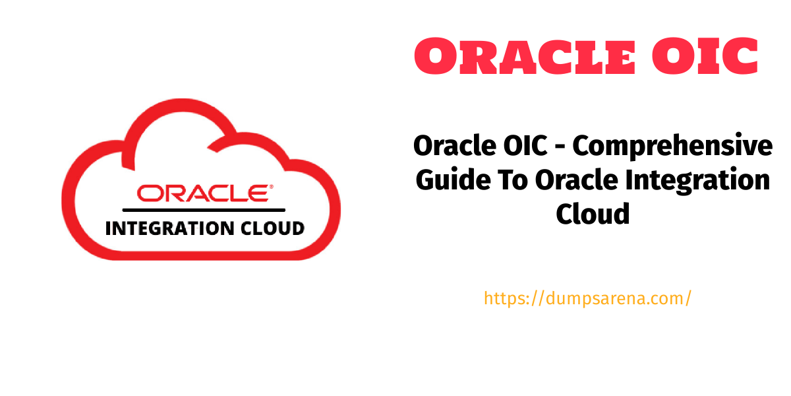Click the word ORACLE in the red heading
(x=525, y=56)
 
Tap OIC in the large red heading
(x=705, y=56)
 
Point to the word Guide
(x=453, y=180)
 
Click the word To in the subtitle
(x=513, y=180)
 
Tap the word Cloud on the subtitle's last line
(x=593, y=214)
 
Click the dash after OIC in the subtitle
(x=560, y=147)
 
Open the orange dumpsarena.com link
(x=587, y=298)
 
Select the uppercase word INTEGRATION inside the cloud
(x=170, y=228)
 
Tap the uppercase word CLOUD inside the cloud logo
(x=273, y=228)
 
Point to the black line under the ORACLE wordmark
(x=204, y=210)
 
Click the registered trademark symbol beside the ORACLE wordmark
(x=271, y=186)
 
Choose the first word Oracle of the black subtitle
(x=455, y=145)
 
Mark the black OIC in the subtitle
(x=526, y=145)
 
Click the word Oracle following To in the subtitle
(x=577, y=180)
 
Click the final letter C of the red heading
(x=740, y=56)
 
